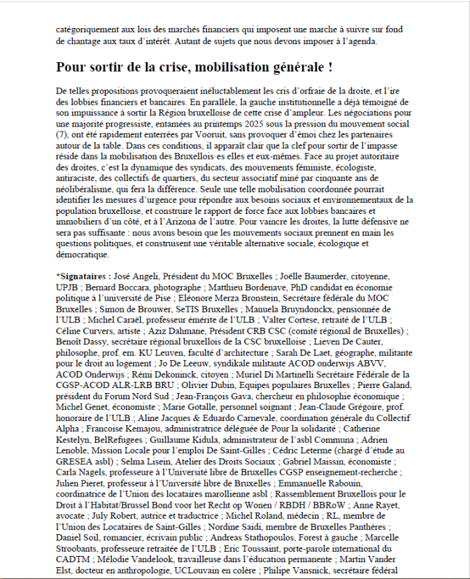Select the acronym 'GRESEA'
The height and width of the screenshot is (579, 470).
point(78,462)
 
